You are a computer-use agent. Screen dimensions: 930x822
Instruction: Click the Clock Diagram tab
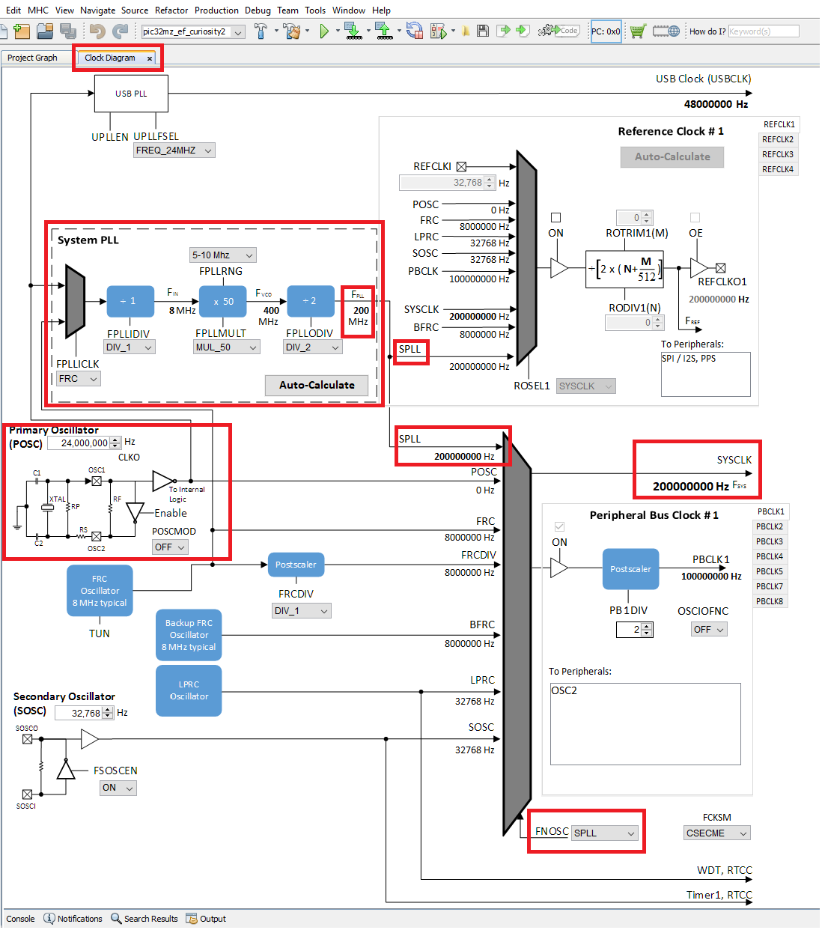point(110,58)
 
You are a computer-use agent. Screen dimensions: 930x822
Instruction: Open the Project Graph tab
point(32,58)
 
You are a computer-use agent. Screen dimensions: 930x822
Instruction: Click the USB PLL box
point(131,94)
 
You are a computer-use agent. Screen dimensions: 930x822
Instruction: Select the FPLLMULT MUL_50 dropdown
point(227,347)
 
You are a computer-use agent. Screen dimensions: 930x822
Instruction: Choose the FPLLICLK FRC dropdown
point(79,379)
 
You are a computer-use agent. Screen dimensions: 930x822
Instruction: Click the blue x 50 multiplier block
point(223,301)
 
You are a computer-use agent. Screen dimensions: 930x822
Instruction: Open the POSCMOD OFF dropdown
point(170,547)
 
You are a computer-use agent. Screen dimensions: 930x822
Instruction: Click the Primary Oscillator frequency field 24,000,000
point(80,443)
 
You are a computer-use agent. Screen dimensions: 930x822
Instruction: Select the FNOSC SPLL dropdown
point(605,833)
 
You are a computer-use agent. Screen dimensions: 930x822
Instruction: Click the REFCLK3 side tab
point(777,154)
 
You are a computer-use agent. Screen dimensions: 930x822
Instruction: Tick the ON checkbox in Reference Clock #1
point(555,218)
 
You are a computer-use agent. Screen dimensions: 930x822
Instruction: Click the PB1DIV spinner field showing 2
point(629,630)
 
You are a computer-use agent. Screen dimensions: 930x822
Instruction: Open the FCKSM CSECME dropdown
point(716,833)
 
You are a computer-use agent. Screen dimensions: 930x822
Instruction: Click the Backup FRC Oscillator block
point(189,635)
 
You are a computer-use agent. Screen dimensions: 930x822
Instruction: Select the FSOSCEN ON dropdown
point(118,788)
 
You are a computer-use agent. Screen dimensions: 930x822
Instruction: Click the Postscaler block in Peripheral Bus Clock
point(630,569)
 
